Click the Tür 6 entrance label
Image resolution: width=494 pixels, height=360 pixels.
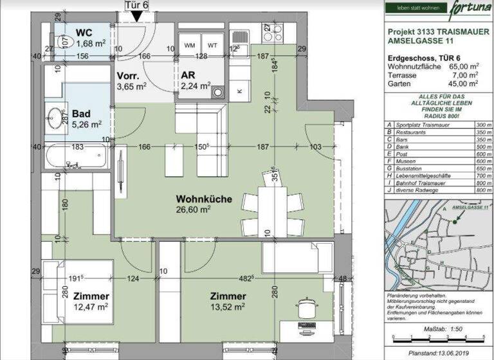point(137,5)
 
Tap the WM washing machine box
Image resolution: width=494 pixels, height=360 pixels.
point(190,46)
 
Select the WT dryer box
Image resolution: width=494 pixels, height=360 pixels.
point(212,46)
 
